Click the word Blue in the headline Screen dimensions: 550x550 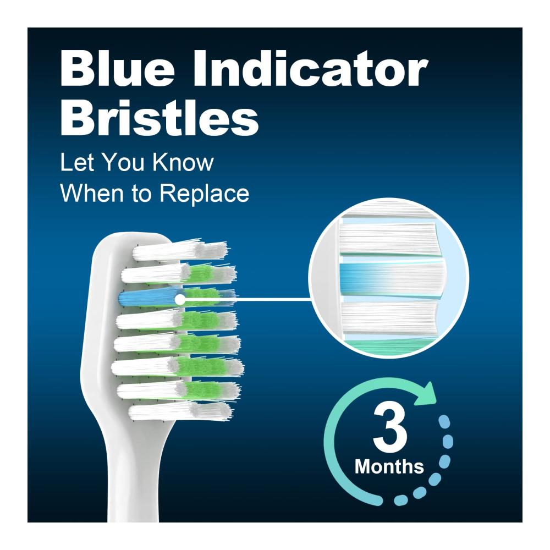tap(117, 68)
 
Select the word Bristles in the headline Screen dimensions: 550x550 tap(159, 117)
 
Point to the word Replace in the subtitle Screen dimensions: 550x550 tap(205, 194)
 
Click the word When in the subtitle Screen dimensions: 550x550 tap(92, 193)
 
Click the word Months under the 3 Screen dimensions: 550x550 tap(389, 467)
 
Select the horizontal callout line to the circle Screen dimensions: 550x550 tap(248, 300)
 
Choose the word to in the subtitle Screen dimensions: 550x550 tap(142, 194)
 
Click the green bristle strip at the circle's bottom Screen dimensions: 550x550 tap(389, 346)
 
